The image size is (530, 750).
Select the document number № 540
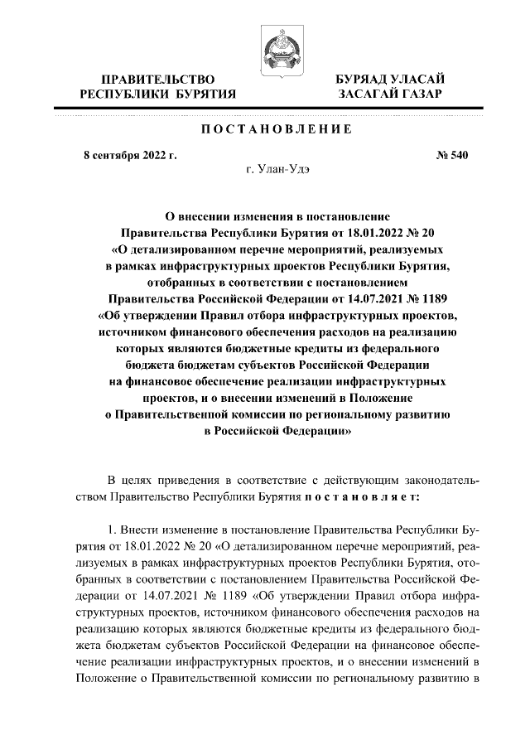(451, 155)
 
